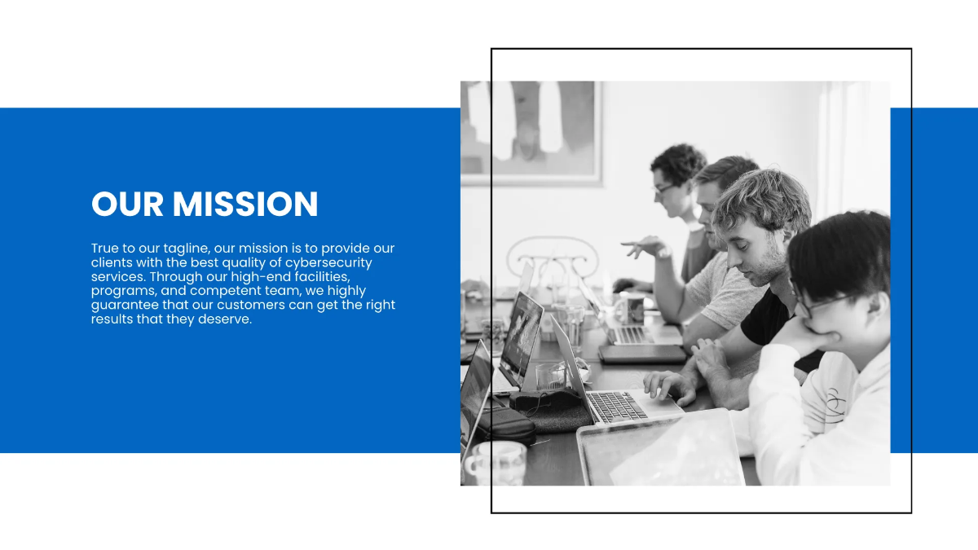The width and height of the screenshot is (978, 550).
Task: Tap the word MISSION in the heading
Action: click(x=245, y=204)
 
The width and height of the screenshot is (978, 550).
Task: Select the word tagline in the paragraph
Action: click(x=186, y=249)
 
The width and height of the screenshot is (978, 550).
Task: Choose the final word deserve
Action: click(x=225, y=319)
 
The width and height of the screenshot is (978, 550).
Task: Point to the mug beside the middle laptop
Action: click(x=631, y=308)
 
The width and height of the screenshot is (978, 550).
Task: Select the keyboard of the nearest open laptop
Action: click(x=617, y=405)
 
